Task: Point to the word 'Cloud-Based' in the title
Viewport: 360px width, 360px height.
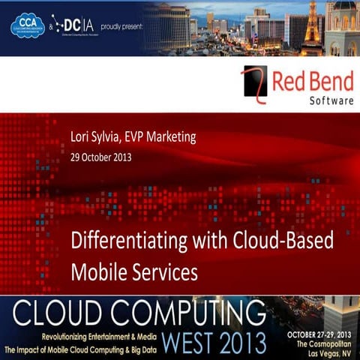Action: coord(286,242)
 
